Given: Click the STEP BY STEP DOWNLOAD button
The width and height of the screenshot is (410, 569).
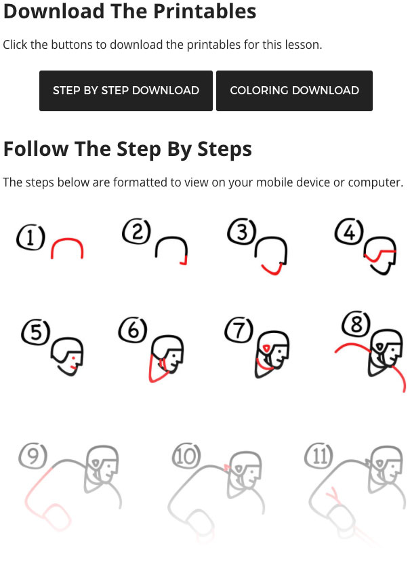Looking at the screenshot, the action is pos(126,91).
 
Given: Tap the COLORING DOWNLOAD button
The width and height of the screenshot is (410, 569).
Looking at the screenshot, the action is pos(294,91).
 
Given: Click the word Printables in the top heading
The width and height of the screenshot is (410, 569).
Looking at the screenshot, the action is pos(205,11).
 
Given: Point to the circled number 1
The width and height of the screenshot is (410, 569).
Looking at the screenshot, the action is pos(30,237).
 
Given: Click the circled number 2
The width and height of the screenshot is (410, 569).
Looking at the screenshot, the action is pos(137,231).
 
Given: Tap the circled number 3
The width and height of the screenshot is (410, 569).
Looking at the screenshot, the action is pos(242,231).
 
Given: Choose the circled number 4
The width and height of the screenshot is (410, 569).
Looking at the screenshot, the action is pos(349,231).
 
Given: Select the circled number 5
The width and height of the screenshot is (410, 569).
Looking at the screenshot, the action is pos(36,332).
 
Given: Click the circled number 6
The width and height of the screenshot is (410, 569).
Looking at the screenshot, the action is pos(133,330).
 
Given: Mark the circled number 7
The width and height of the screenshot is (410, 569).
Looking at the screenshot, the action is pos(239,330).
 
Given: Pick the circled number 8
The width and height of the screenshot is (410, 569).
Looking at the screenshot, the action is pos(356,323).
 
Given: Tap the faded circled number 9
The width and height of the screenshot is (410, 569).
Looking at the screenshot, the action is pos(33,456).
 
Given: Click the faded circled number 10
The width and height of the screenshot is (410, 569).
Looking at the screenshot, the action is pos(186,456).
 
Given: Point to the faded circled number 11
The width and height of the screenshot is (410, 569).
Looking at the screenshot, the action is pos(319,456).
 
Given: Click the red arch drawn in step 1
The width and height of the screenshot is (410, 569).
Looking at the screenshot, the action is pos(67,239).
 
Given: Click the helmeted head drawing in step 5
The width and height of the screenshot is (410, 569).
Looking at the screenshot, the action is pos(67,356).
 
